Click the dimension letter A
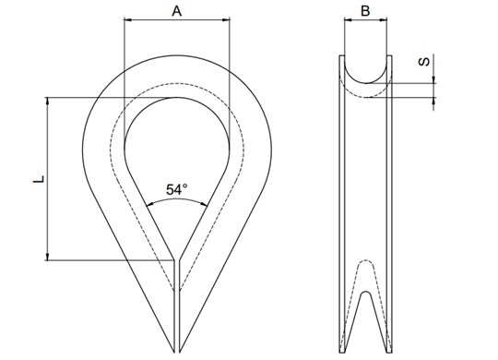(176, 11)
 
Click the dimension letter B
(365, 11)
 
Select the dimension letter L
(39, 179)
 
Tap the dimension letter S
(424, 61)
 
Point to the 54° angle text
(176, 189)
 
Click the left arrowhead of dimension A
(127, 19)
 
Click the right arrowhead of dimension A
(226, 19)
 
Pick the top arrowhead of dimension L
(48, 101)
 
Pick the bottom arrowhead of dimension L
(48, 257)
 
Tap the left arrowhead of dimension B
(348, 19)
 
